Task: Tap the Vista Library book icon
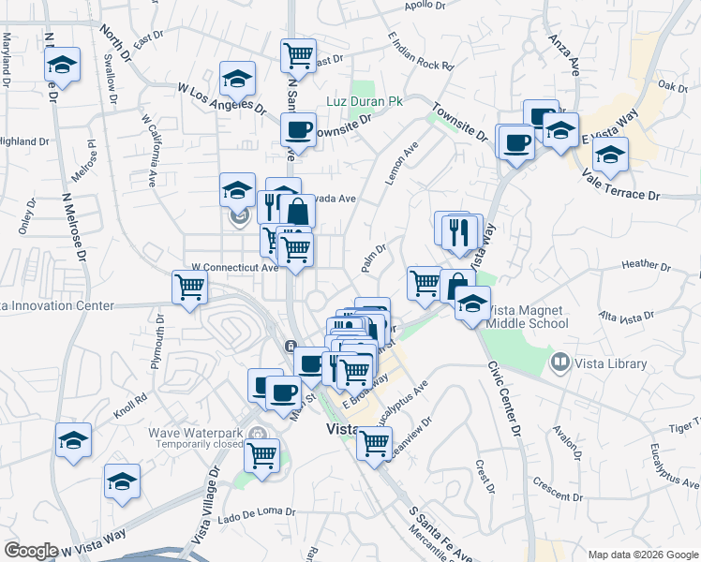[x=559, y=361]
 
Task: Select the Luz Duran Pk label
[x=362, y=100]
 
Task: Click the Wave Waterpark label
[x=195, y=434]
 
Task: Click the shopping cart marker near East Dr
[x=298, y=55]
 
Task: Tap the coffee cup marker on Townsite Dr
[x=298, y=129]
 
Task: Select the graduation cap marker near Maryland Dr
[x=62, y=65]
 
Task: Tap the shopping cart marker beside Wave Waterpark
[x=262, y=455]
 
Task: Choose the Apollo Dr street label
[x=425, y=6]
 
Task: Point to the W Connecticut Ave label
[x=235, y=267]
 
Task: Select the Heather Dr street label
[x=646, y=265]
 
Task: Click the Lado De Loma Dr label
[x=256, y=513]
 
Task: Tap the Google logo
[x=31, y=551]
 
